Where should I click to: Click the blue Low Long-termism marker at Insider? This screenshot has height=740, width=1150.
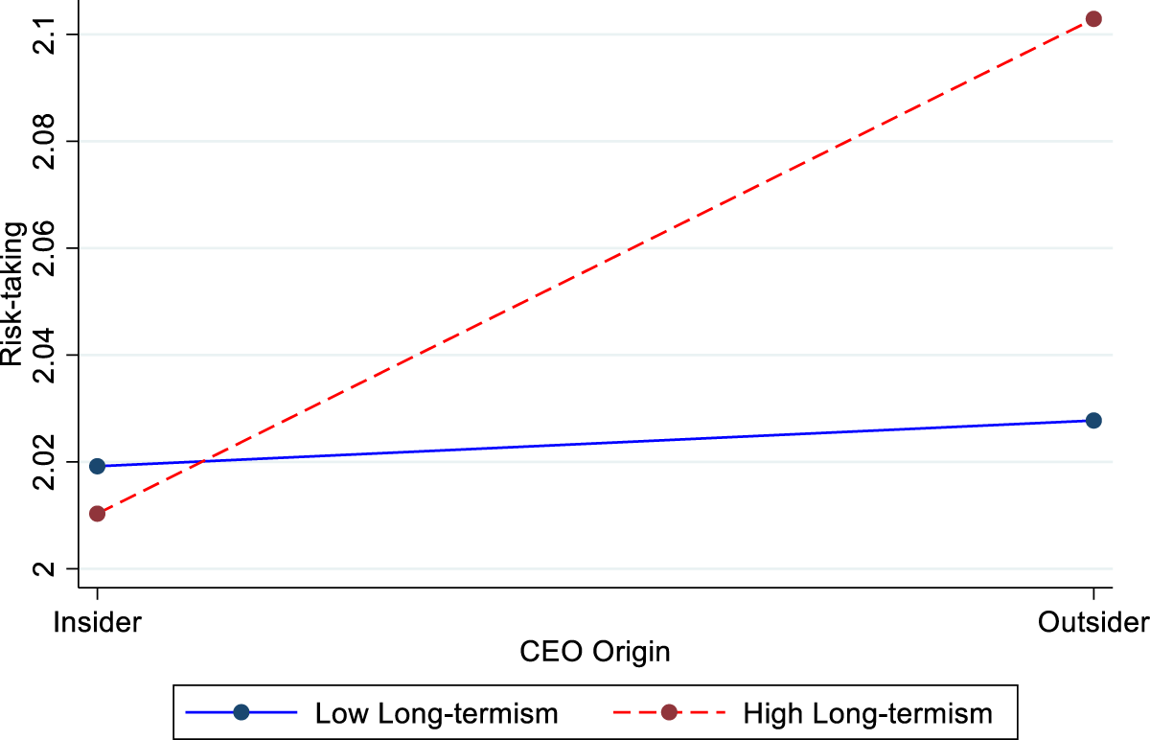tap(97, 466)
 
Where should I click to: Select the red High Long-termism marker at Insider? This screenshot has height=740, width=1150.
tap(97, 514)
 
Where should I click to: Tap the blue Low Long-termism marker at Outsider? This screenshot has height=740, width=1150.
tap(1093, 420)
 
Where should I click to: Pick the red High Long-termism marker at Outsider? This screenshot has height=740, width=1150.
tap(1093, 18)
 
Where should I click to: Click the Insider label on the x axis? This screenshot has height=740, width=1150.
tap(97, 622)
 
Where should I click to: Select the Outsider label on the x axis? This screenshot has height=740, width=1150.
tap(1093, 622)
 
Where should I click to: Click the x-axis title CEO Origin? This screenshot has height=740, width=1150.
tap(594, 653)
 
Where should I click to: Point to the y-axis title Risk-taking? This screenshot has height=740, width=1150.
tap(13, 301)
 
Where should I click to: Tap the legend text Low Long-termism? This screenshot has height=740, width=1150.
tap(436, 712)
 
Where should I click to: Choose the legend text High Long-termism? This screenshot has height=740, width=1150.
tap(867, 712)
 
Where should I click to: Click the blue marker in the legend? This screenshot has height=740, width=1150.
tap(241, 712)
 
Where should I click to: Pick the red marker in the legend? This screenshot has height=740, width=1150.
tap(669, 712)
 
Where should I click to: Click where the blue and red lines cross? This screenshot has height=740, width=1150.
tap(203, 462)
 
